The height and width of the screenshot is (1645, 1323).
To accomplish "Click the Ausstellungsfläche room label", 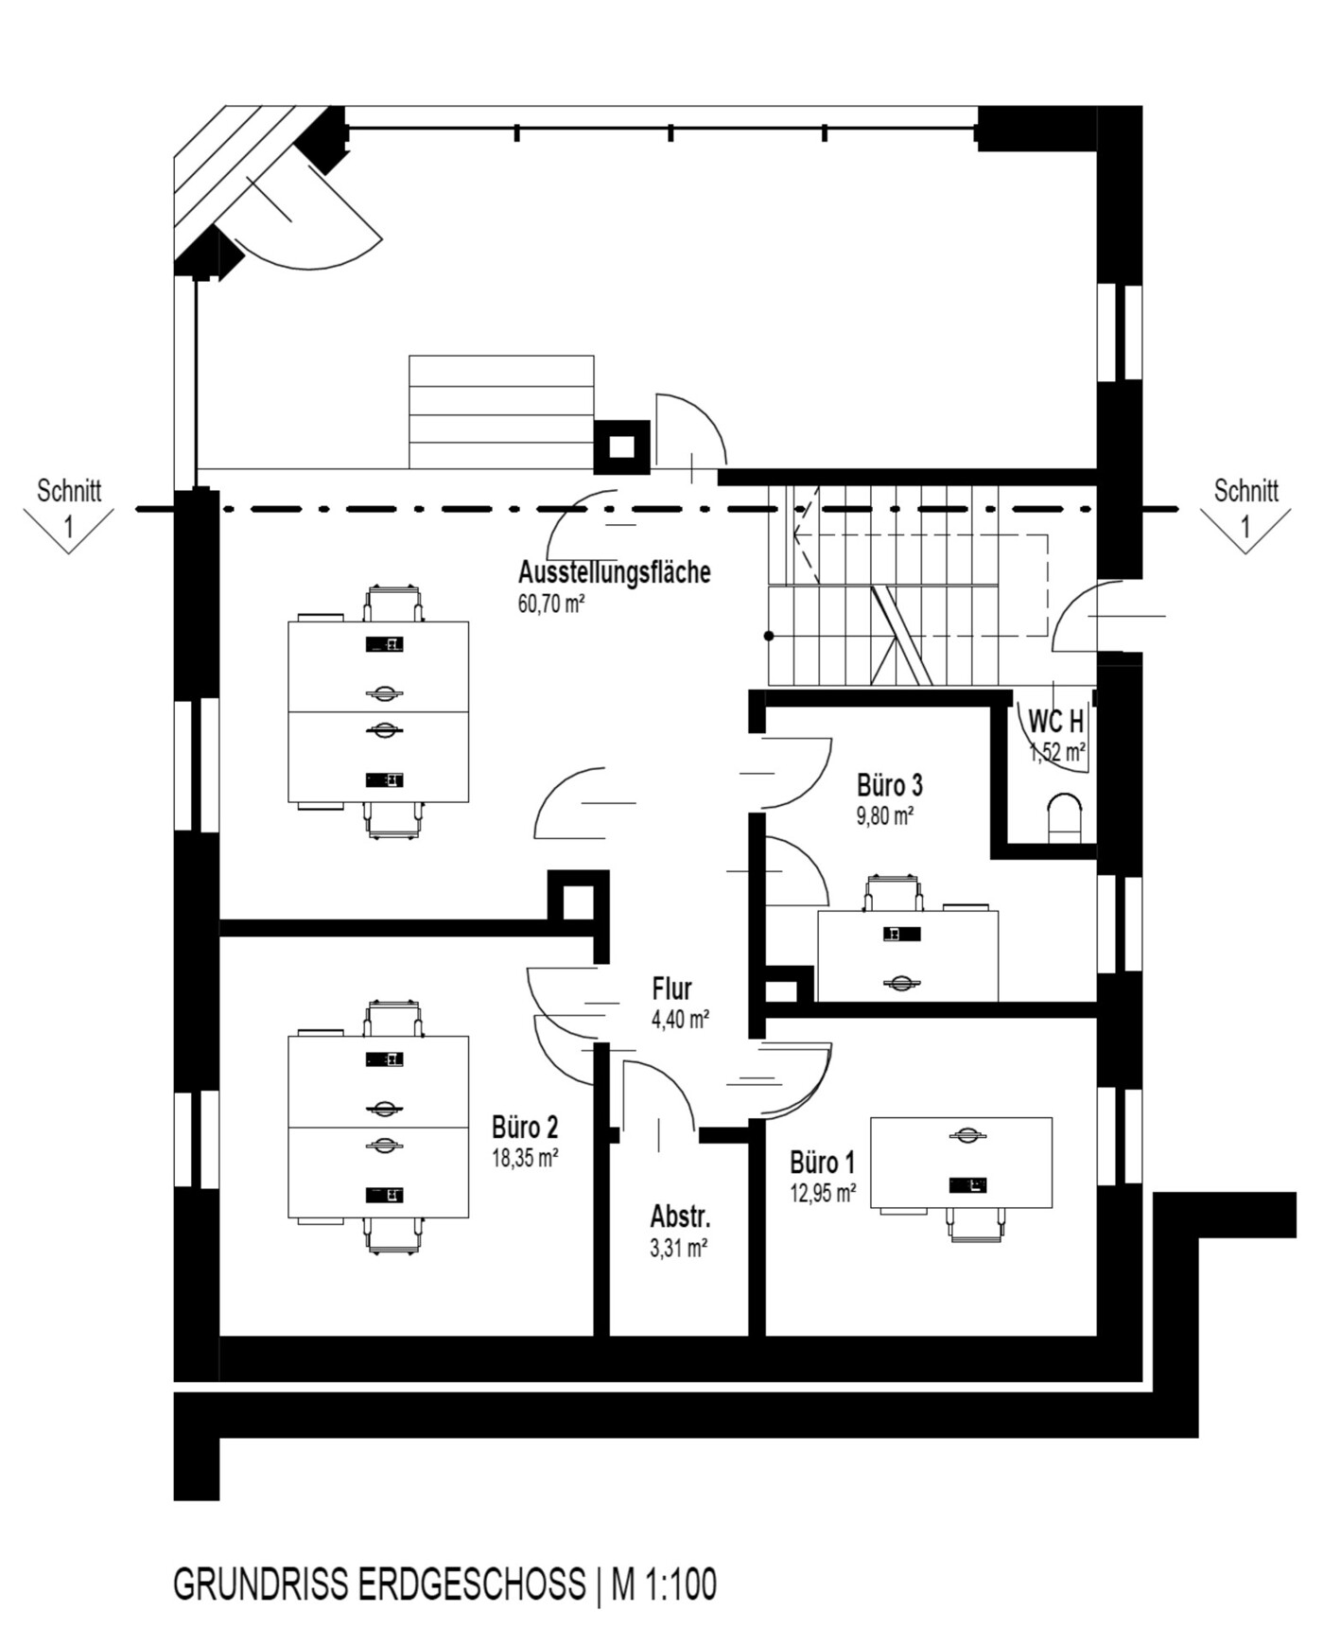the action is pyautogui.click(x=614, y=572).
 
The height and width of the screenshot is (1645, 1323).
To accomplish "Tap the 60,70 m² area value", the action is pyautogui.click(x=551, y=603).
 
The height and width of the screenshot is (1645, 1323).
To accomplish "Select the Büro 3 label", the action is pyautogui.click(x=889, y=785).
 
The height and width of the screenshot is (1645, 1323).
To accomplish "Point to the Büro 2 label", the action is pyautogui.click(x=525, y=1127).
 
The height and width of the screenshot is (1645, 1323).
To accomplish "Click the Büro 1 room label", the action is pyautogui.click(x=823, y=1162).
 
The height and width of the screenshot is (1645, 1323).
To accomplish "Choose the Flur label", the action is pyautogui.click(x=671, y=989).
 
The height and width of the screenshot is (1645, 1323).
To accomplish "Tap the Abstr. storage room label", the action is pyautogui.click(x=680, y=1216).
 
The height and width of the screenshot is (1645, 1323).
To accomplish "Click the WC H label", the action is pyautogui.click(x=1056, y=722).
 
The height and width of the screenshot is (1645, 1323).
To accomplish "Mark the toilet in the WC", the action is pyautogui.click(x=1067, y=817).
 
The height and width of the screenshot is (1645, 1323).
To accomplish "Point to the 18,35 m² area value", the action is pyautogui.click(x=525, y=1157).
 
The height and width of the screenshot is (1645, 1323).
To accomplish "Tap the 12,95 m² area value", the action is pyautogui.click(x=823, y=1193).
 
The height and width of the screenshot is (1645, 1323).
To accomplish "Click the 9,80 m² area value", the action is pyautogui.click(x=884, y=815).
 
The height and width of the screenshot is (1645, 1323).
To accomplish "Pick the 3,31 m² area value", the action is pyautogui.click(x=679, y=1248).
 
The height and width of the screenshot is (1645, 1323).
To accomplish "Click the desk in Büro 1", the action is pyautogui.click(x=961, y=1163).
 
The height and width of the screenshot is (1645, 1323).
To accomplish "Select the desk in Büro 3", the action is pyautogui.click(x=908, y=955).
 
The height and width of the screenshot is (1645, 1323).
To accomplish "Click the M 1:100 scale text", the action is pyautogui.click(x=663, y=1584).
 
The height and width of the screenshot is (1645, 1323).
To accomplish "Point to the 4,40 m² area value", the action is pyautogui.click(x=680, y=1020).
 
